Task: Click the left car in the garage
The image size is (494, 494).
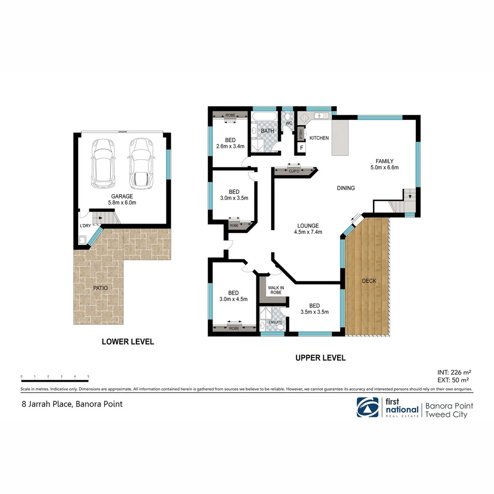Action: (102, 163)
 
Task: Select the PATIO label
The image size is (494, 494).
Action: (100, 288)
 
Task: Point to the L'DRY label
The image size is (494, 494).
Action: (85, 226)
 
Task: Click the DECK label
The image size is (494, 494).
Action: (369, 281)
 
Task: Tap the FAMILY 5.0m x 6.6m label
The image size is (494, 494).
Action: (384, 164)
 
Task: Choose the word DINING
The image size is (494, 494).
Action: (345, 188)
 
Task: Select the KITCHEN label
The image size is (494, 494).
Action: (319, 138)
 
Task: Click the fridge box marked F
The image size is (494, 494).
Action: (301, 148)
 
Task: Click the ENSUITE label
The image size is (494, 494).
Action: (275, 322)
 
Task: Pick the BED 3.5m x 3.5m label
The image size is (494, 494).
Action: (314, 309)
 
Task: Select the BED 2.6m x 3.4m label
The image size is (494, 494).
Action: (230, 143)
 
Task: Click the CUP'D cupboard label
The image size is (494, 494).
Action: (294, 171)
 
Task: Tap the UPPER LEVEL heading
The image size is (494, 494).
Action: (320, 358)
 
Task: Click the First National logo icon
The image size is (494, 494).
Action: (368, 407)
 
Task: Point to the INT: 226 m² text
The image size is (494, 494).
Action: (454, 372)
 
